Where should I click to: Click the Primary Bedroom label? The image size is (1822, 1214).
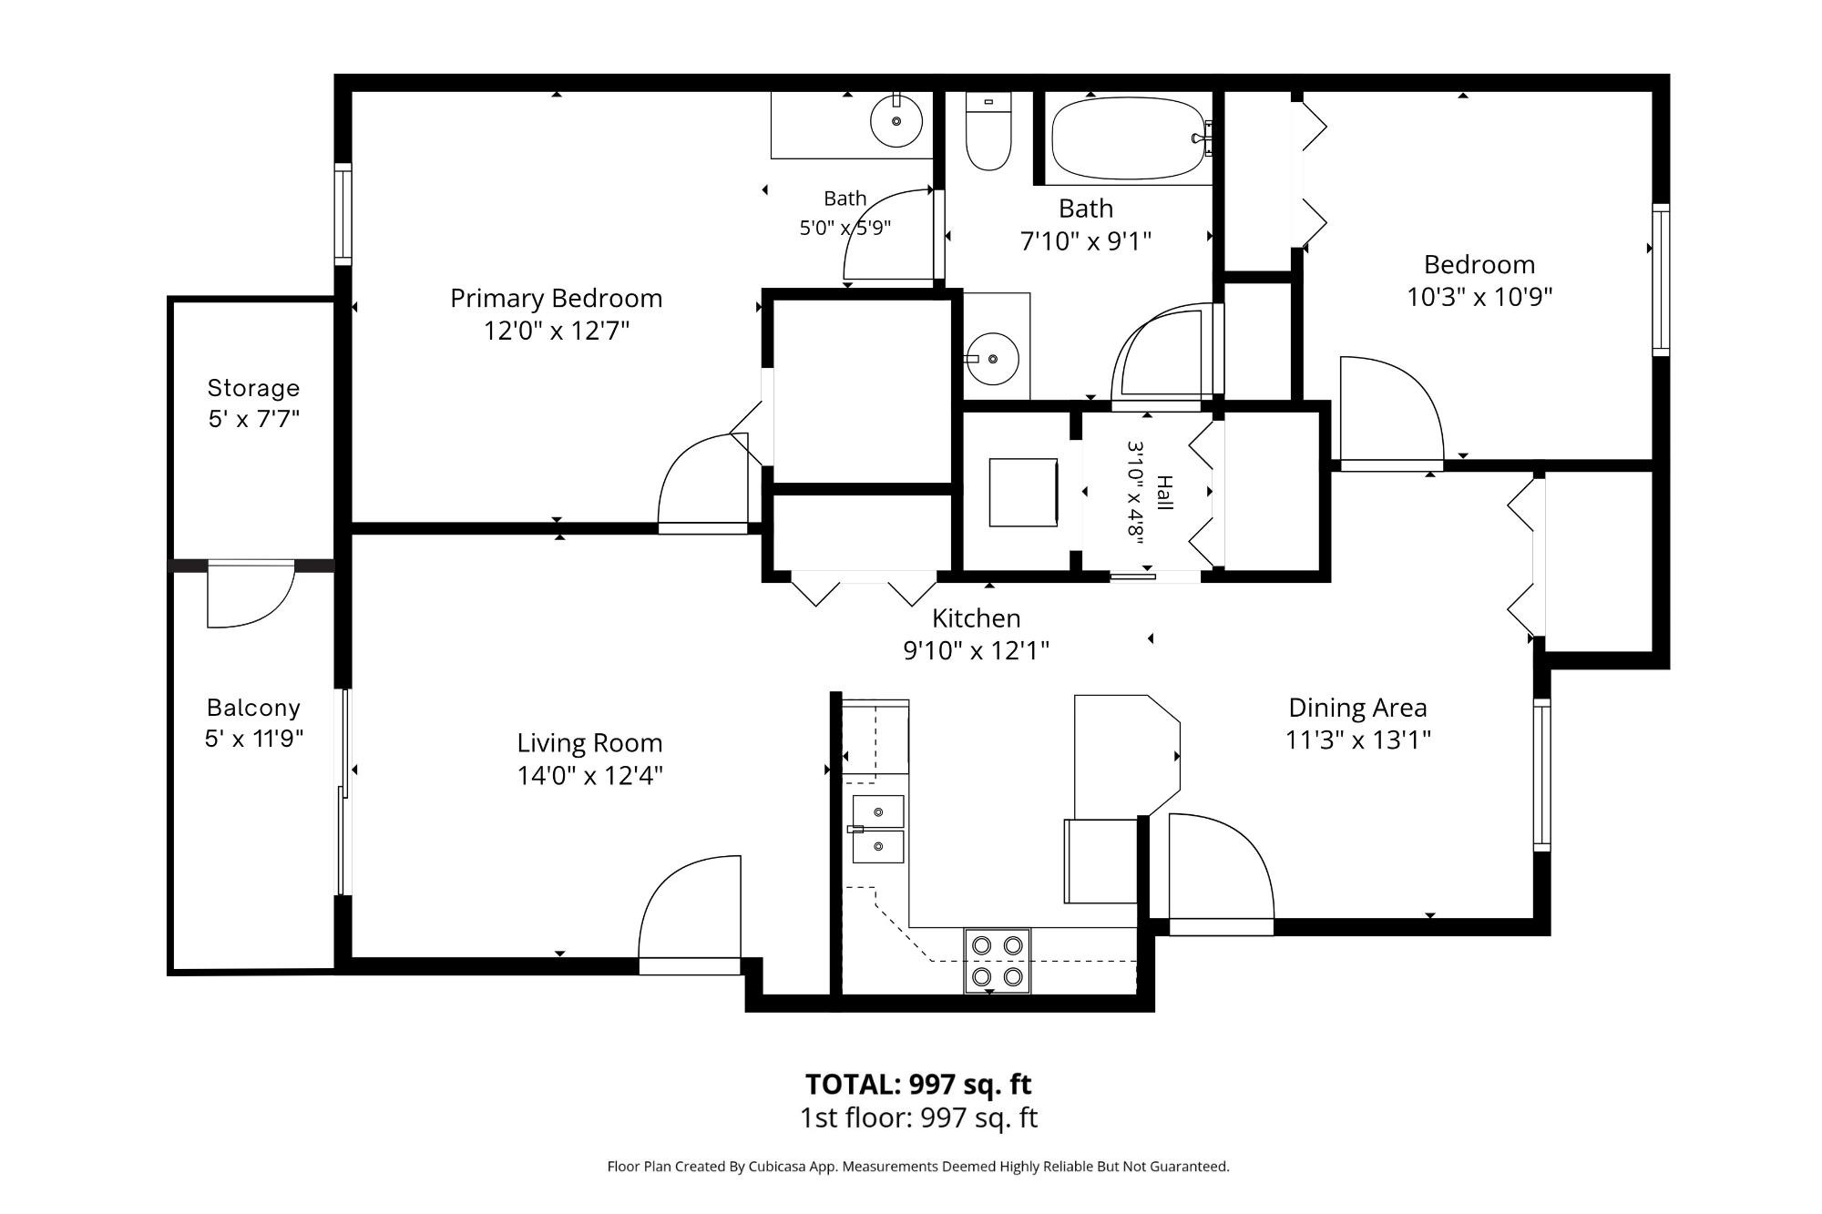click(x=556, y=299)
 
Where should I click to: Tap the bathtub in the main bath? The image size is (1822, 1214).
click(x=1131, y=139)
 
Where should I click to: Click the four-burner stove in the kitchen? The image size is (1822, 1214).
click(x=998, y=961)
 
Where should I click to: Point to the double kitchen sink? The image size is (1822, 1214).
click(x=878, y=829)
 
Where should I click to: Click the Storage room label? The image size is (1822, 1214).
click(x=253, y=389)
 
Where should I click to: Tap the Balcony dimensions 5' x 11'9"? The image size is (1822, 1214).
click(x=253, y=739)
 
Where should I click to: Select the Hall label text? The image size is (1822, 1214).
click(x=1164, y=493)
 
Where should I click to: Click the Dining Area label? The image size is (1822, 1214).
click(x=1357, y=708)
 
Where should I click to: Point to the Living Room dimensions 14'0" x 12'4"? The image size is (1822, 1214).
click(x=589, y=776)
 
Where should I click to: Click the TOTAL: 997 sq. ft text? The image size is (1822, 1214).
click(x=918, y=1085)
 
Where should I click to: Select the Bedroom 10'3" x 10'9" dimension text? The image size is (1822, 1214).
click(x=1479, y=297)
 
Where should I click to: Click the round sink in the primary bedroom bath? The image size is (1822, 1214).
click(x=896, y=120)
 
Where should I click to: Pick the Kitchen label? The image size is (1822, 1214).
click(x=976, y=618)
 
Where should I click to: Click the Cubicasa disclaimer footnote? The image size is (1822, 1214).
click(x=918, y=1167)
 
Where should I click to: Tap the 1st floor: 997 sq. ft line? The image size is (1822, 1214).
click(x=918, y=1117)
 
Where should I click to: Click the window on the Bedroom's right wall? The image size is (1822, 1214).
click(x=1661, y=280)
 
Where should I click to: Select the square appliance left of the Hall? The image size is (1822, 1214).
click(x=1024, y=492)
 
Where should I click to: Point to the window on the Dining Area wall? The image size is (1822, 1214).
click(x=1541, y=775)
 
